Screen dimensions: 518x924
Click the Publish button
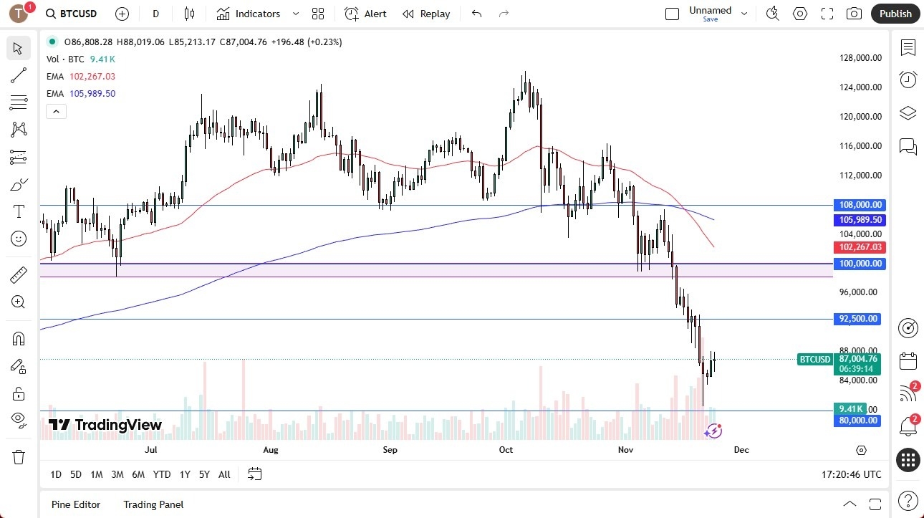(x=895, y=14)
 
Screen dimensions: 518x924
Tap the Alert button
(x=365, y=14)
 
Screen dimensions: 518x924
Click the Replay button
(x=426, y=14)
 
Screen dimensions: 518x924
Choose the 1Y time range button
(x=185, y=474)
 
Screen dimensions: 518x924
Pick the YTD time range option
(x=162, y=474)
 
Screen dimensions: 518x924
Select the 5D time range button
(x=76, y=474)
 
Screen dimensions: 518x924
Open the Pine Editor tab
(x=76, y=504)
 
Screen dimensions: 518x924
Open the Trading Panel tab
(x=153, y=504)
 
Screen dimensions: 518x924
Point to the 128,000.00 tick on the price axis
(x=860, y=58)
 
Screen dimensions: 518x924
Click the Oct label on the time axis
(x=506, y=450)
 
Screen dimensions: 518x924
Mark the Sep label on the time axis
(x=390, y=450)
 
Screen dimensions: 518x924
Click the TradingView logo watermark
(x=105, y=425)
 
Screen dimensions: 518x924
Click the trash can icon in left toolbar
(x=19, y=457)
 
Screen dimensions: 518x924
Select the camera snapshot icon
(x=854, y=14)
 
